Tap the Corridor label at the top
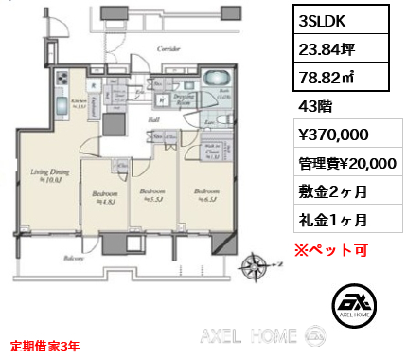point(169,45)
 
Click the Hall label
point(152,121)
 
